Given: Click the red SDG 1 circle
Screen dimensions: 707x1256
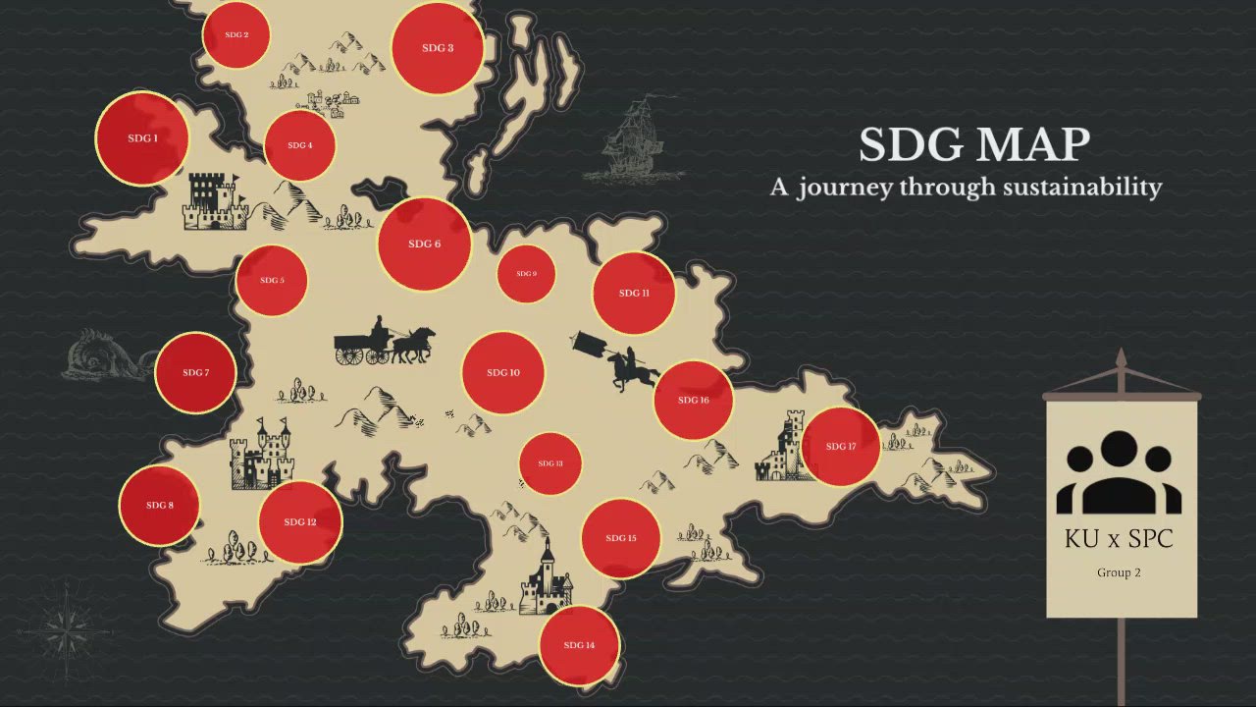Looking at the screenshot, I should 142,138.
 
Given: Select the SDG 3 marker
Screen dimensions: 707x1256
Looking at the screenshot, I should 437,48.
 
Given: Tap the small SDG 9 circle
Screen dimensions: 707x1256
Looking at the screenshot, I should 526,274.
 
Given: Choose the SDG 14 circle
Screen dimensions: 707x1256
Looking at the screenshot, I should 579,645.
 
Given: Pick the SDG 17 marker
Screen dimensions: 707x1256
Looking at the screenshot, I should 841,446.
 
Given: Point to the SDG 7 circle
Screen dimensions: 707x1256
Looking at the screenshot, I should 195,372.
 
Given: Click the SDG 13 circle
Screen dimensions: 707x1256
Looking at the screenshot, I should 550,463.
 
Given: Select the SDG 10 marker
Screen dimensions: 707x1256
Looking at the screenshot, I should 502,373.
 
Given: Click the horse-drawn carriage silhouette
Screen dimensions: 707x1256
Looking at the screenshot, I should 383,342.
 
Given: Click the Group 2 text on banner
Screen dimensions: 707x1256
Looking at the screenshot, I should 1119,572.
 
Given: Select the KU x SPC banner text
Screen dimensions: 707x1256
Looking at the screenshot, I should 1119,538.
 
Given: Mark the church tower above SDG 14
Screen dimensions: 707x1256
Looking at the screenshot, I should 547,579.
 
